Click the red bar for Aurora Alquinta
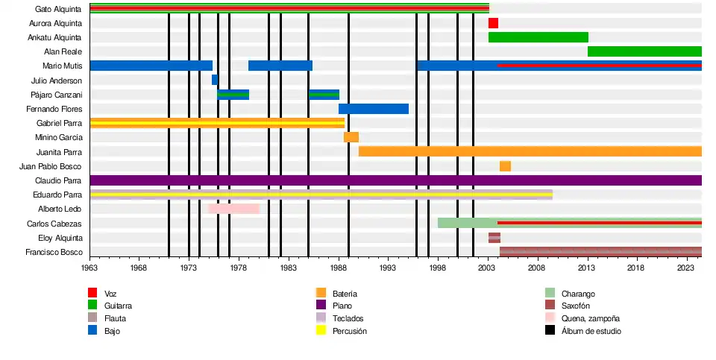click(x=493, y=23)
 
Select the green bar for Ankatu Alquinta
click(x=538, y=37)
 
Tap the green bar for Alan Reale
click(x=644, y=51)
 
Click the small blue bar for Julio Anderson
click(x=215, y=80)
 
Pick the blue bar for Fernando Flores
click(x=374, y=109)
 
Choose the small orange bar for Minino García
click(x=351, y=137)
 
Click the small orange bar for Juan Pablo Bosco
click(x=505, y=165)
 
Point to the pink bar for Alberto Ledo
click(x=233, y=209)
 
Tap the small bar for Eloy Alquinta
click(x=494, y=238)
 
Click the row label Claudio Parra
click(x=58, y=180)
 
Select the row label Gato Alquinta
click(x=58, y=9)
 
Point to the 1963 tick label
click(x=89, y=268)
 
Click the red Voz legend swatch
click(x=92, y=293)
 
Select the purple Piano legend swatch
click(x=321, y=305)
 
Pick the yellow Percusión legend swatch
click(x=321, y=330)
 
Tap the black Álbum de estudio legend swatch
click(x=550, y=330)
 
